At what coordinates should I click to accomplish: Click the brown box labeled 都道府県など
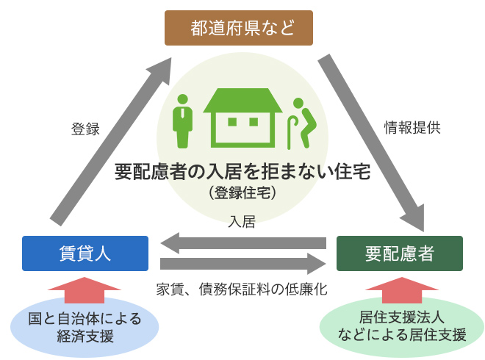tap(240, 29)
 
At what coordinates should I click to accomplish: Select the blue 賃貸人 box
tap(85, 253)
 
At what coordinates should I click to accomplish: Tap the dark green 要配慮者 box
tap(399, 253)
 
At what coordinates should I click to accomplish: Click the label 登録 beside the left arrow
tap(85, 129)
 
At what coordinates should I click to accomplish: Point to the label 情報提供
tap(413, 126)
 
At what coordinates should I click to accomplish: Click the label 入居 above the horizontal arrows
tap(242, 221)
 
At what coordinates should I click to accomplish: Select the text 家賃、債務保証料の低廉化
tap(242, 289)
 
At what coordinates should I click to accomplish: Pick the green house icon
tap(243, 119)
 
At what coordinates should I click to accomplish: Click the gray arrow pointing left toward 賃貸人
tap(242, 242)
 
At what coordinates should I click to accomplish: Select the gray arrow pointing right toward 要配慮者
tap(242, 264)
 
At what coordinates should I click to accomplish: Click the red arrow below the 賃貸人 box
tap(85, 288)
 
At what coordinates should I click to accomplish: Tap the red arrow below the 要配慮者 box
tap(400, 288)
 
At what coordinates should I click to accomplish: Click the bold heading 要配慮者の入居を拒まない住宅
tap(242, 173)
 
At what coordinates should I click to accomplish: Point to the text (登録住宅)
tap(242, 192)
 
